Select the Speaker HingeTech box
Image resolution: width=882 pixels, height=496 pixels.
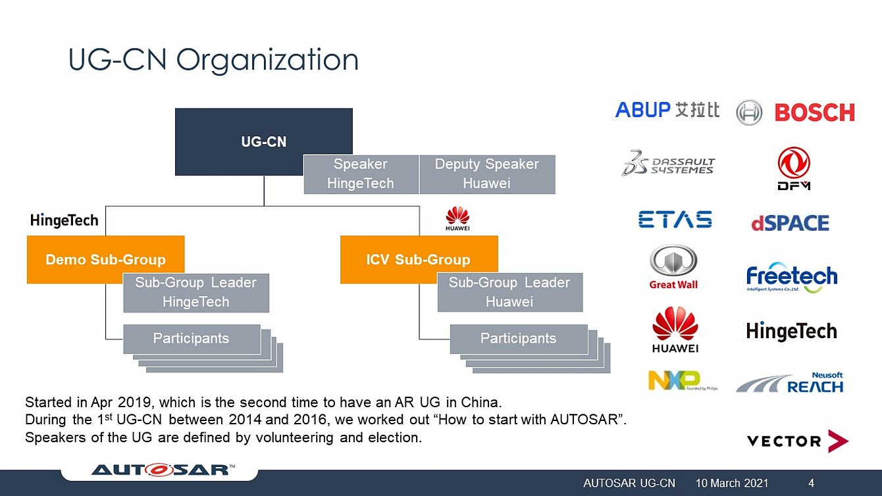point(361,174)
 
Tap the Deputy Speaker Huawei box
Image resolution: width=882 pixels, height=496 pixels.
point(487,174)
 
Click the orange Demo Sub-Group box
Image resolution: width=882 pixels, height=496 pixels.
point(105,259)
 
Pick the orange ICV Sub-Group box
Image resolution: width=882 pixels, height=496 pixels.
point(419,259)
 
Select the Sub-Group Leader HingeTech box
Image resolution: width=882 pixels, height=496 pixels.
point(196,293)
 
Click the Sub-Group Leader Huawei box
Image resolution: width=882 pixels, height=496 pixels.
point(509,293)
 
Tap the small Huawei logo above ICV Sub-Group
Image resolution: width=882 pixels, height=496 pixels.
point(457,218)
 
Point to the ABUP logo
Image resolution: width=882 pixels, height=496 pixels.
point(667,110)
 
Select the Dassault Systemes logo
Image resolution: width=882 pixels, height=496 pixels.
point(668,163)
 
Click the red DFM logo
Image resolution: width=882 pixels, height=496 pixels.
point(794,168)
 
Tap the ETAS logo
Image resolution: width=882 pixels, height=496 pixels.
point(675,220)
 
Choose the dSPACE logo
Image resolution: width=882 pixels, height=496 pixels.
point(790,223)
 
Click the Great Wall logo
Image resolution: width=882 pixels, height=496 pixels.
point(673,267)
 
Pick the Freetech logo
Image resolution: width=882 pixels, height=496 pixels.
point(792,278)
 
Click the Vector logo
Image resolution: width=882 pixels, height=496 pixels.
point(797,441)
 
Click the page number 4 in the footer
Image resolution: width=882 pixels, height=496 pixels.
point(811,484)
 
